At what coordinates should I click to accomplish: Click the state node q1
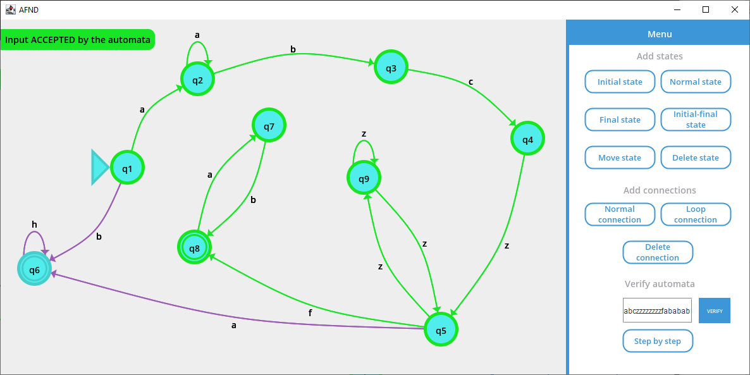pyautogui.click(x=127, y=168)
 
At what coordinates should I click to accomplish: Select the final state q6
pyautogui.click(x=34, y=269)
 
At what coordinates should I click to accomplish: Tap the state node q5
pyautogui.click(x=441, y=329)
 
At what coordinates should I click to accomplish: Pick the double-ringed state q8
pyautogui.click(x=194, y=247)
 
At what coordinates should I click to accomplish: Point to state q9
pyautogui.click(x=364, y=178)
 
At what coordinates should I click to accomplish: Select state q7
pyautogui.click(x=269, y=126)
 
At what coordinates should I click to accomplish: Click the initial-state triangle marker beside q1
pyautogui.click(x=99, y=168)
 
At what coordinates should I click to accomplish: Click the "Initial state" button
pyautogui.click(x=620, y=82)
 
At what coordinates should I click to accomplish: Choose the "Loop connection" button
pyautogui.click(x=696, y=214)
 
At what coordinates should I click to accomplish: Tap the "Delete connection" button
pyautogui.click(x=658, y=252)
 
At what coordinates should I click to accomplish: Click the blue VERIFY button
pyautogui.click(x=715, y=310)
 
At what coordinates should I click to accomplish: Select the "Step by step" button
pyautogui.click(x=658, y=341)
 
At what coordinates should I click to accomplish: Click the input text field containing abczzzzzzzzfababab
pyautogui.click(x=657, y=310)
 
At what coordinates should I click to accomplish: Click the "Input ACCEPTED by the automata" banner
pyautogui.click(x=78, y=40)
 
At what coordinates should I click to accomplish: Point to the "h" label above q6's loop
pyautogui.click(x=34, y=224)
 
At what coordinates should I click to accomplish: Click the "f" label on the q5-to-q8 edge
pyautogui.click(x=310, y=312)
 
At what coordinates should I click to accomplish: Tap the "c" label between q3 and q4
pyautogui.click(x=470, y=82)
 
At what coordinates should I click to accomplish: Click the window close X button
pyautogui.click(x=734, y=9)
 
